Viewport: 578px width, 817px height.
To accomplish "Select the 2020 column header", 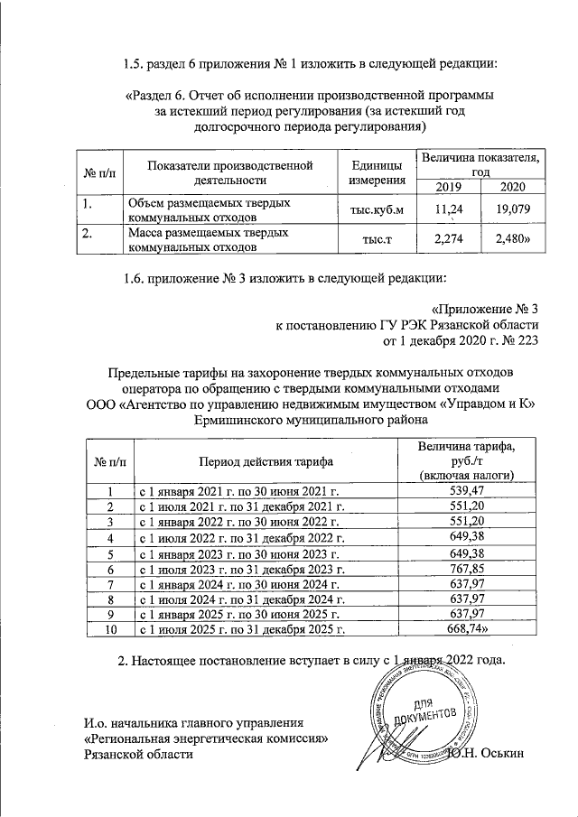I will [x=510, y=186].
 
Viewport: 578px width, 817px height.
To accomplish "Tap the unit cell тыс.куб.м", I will [x=370, y=211].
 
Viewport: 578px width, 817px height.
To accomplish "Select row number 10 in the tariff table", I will [x=109, y=629].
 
